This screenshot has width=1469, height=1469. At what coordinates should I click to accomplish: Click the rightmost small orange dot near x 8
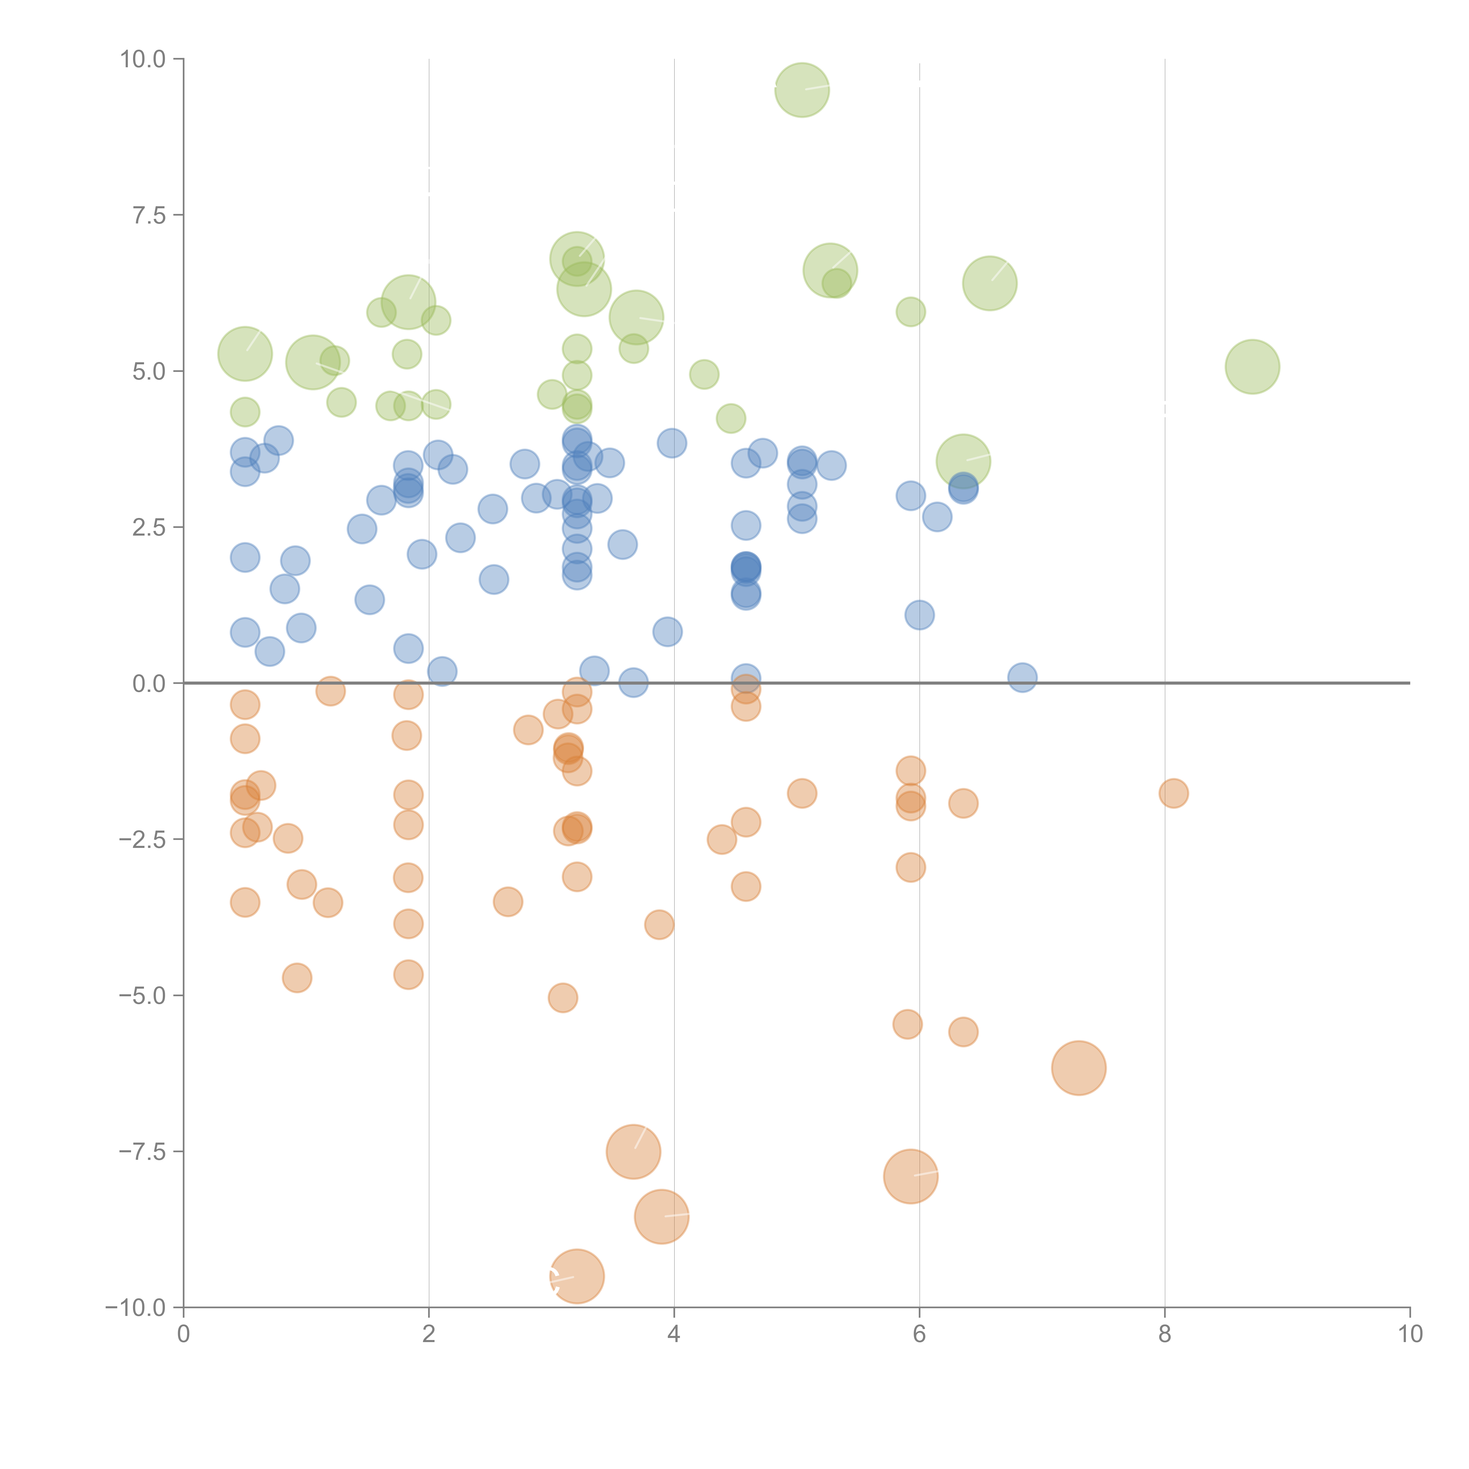(1173, 793)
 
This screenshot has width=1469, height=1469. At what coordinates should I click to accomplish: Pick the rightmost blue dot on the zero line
(1022, 677)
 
